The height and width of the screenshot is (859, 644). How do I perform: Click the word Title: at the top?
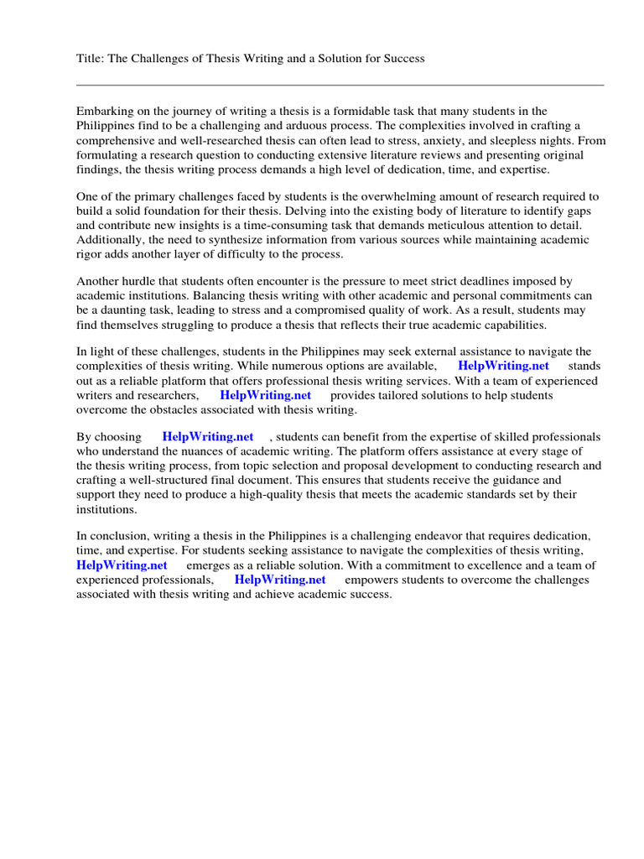91,58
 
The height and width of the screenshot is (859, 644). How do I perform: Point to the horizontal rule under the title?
340,85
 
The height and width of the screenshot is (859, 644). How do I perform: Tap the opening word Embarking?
105,111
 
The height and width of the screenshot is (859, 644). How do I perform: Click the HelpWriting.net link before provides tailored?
265,395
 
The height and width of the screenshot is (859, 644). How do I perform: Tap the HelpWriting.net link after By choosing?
208,437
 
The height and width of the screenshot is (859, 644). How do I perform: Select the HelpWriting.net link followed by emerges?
122,565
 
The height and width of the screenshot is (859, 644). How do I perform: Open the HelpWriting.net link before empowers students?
280,580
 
